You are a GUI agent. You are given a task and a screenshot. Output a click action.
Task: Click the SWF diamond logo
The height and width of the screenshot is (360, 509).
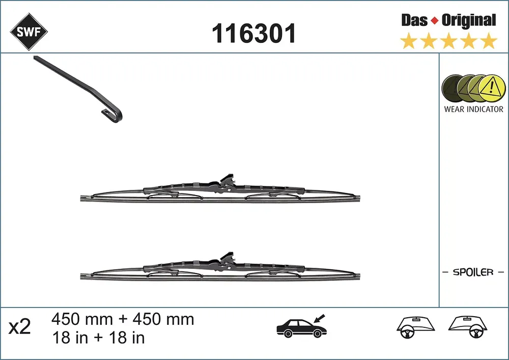point(29,32)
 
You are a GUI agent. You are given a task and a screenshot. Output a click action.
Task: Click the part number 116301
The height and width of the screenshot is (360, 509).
point(254,33)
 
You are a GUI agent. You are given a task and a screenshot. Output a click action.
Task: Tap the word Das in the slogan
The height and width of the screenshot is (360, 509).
point(414,20)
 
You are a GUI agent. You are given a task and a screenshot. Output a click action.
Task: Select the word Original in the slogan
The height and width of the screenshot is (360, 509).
point(469,21)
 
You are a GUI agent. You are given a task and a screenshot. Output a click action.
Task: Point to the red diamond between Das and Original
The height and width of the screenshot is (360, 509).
point(435,21)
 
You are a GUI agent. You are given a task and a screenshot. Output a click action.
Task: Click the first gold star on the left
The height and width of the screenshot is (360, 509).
point(409,41)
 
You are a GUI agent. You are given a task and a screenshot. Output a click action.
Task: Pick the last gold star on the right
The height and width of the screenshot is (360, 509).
point(488,41)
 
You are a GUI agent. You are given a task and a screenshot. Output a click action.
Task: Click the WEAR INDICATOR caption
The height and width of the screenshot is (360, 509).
point(473,109)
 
